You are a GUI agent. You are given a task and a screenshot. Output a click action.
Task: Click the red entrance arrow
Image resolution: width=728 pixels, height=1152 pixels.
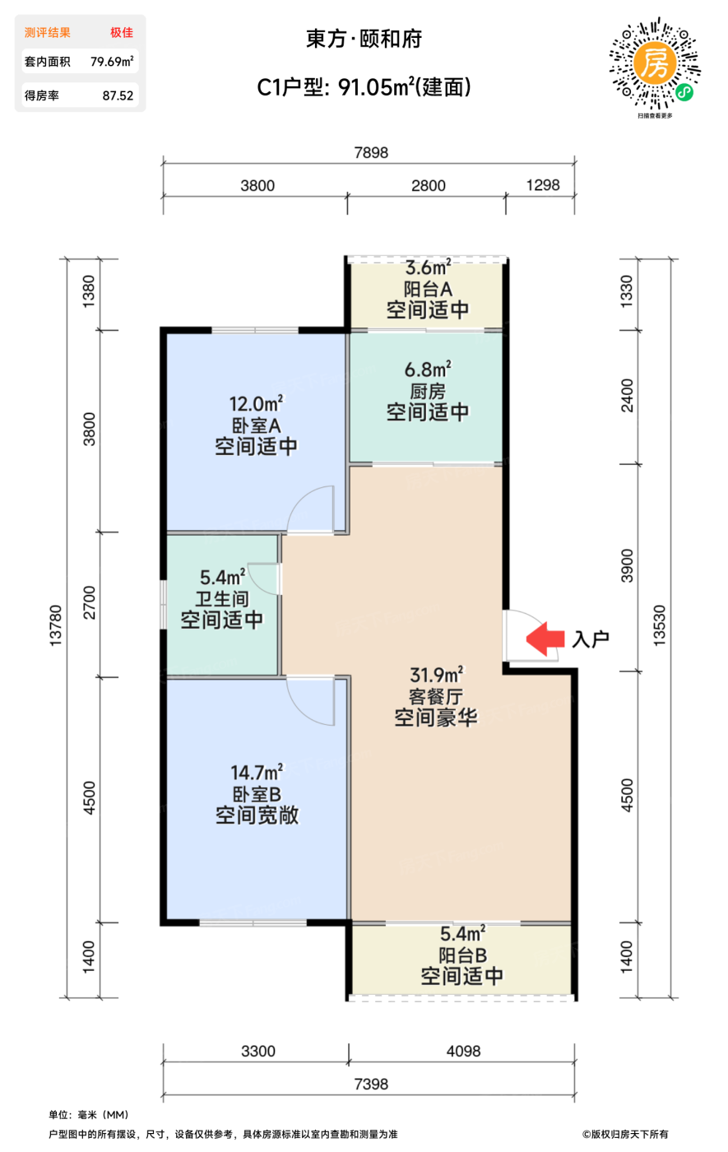click(545, 639)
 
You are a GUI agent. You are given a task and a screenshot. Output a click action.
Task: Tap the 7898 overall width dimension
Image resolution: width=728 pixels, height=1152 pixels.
click(371, 153)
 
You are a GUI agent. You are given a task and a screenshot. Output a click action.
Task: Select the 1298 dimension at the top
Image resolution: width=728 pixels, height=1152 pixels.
click(542, 185)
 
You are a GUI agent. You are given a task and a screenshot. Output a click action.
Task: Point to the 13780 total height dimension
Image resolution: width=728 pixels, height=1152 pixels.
click(56, 625)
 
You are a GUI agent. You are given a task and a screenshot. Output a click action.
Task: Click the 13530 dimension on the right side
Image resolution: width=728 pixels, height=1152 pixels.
click(659, 625)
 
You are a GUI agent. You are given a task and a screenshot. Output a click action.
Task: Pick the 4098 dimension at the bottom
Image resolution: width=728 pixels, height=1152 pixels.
click(462, 1052)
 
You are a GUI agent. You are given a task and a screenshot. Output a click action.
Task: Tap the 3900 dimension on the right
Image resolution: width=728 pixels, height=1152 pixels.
click(627, 566)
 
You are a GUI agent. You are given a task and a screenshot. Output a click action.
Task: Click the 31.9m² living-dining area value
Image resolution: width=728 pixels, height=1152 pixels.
click(436, 674)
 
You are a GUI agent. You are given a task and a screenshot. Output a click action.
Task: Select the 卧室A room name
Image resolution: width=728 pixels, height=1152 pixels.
click(256, 426)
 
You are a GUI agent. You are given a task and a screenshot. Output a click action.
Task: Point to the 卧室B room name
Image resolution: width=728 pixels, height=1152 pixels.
click(257, 795)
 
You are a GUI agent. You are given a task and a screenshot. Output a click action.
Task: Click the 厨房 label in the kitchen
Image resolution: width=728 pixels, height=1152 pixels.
click(427, 392)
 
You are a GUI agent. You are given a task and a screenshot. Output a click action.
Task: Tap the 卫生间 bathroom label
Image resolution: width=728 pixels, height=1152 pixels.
click(222, 599)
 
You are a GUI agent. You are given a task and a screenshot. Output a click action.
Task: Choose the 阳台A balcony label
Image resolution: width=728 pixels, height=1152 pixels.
click(428, 289)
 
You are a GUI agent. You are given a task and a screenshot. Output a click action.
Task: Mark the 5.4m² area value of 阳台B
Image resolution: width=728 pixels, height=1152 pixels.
click(462, 933)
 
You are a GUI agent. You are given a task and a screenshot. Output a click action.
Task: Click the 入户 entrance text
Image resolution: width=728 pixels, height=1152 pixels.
click(591, 639)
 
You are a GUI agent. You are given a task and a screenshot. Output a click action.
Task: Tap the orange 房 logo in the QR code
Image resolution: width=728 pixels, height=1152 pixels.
click(655, 63)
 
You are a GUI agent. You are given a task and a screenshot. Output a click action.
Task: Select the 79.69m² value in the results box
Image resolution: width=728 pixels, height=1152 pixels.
click(112, 62)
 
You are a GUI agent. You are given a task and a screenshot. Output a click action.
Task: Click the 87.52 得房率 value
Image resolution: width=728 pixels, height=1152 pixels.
click(118, 95)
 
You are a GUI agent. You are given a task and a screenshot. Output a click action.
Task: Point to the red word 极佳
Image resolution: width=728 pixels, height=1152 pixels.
click(122, 32)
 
